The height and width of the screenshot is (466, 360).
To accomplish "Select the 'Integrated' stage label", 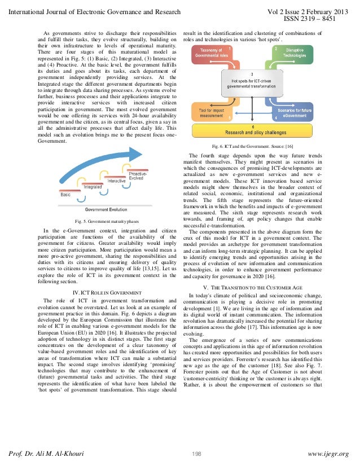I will (92, 184).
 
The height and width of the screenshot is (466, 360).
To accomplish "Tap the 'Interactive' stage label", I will (117, 181).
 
